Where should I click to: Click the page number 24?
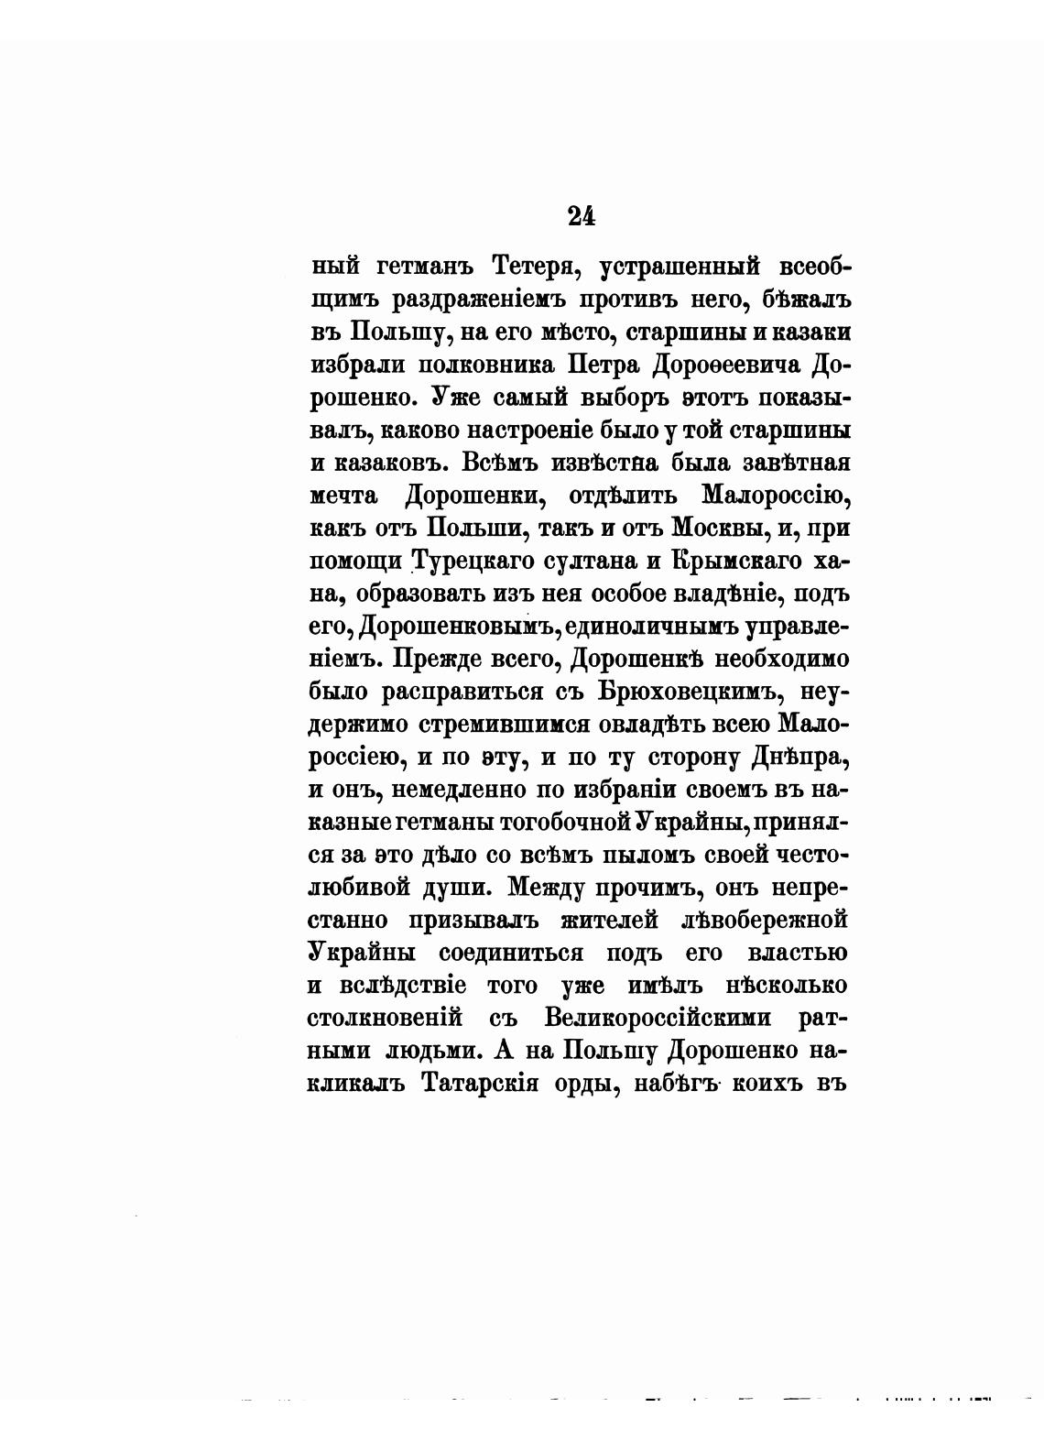582,216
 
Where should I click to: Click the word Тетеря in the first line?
537,267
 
